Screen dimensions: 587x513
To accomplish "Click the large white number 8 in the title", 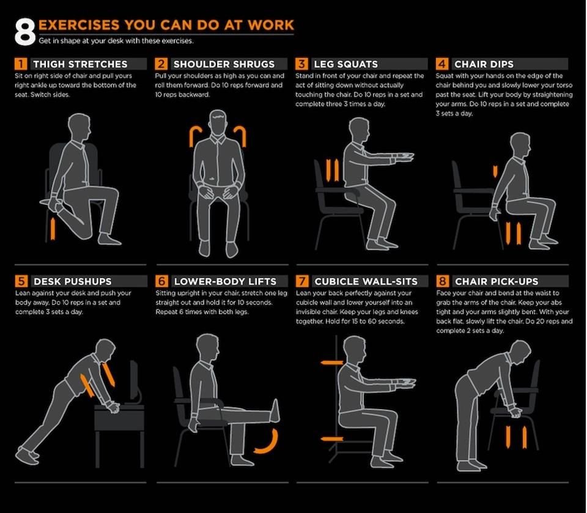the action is [25, 32].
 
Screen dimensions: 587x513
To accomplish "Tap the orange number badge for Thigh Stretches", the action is [21, 64].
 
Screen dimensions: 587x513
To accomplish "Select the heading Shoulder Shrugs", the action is [224, 64].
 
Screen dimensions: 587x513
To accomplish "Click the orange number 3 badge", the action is [301, 64].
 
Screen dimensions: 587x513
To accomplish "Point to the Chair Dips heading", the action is [484, 64].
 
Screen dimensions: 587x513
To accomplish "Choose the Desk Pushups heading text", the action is [73, 281].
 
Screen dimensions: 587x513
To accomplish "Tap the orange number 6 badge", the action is [161, 281].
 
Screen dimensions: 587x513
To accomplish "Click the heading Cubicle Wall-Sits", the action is [366, 281].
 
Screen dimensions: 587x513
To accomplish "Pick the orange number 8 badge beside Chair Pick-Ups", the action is [442, 281].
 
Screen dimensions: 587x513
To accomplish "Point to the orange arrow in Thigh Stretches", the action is [53, 229].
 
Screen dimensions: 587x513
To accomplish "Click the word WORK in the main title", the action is [271, 25].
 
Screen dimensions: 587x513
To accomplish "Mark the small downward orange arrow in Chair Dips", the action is [495, 171].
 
